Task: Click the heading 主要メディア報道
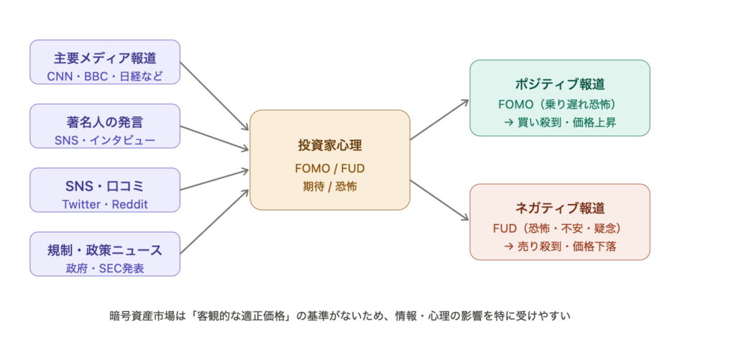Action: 105,57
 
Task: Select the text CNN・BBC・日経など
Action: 105,75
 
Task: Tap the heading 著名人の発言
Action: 105,121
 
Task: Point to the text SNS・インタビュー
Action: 105,140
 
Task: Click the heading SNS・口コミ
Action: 105,186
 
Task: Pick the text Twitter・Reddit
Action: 105,204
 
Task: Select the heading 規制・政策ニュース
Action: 105,251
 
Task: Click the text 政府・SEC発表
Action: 105,269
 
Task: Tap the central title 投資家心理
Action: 330,145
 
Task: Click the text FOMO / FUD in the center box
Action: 330,170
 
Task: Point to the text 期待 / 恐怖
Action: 330,186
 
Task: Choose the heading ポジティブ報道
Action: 560,83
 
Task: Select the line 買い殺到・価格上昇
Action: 560,122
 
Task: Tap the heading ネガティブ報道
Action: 560,208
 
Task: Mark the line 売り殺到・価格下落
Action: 560,246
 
